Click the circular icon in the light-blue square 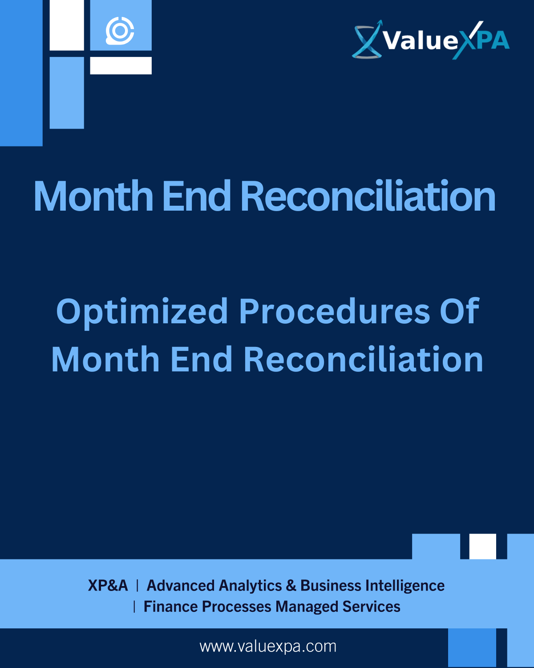120,31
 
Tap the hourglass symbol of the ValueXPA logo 367,41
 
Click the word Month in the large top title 93,196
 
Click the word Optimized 142,311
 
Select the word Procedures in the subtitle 334,311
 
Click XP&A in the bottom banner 108,586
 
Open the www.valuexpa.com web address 268,647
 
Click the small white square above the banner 482,546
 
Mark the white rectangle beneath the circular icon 121,65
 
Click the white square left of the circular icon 67,25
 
